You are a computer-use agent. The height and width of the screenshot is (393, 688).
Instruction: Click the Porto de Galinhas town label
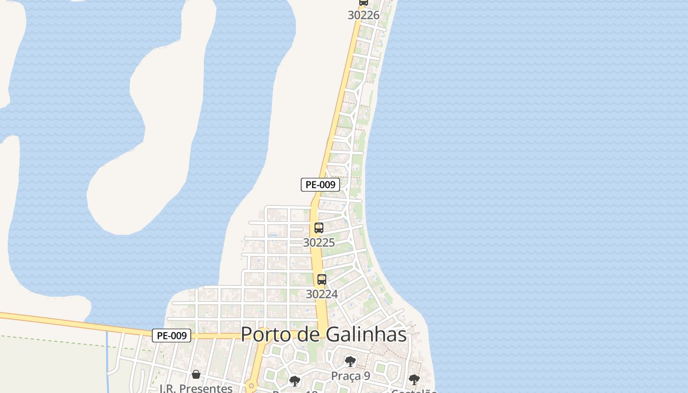click(323, 335)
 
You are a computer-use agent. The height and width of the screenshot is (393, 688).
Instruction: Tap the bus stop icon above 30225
click(319, 228)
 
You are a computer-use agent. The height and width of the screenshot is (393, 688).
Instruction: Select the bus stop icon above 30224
click(322, 280)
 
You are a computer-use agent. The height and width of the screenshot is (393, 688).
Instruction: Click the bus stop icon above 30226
click(364, 2)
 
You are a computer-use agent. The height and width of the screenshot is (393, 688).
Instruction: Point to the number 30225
click(319, 242)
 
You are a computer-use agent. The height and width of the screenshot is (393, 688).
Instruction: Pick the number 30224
click(322, 294)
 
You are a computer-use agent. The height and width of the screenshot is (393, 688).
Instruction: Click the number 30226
click(364, 15)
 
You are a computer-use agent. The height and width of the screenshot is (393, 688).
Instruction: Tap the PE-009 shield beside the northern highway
click(320, 185)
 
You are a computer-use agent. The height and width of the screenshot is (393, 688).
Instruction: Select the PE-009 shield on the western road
click(172, 336)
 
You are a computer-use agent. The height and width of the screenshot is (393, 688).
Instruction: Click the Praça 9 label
click(350, 376)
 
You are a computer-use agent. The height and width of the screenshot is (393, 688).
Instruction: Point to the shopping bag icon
click(196, 374)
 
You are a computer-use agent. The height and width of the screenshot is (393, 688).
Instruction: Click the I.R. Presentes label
click(196, 388)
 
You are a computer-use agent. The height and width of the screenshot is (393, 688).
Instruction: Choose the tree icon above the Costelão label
click(414, 379)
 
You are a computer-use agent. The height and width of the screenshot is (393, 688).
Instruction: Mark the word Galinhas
click(366, 335)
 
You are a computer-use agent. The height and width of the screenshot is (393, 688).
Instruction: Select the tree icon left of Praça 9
click(295, 381)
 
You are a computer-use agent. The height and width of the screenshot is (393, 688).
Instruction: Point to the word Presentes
click(206, 388)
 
